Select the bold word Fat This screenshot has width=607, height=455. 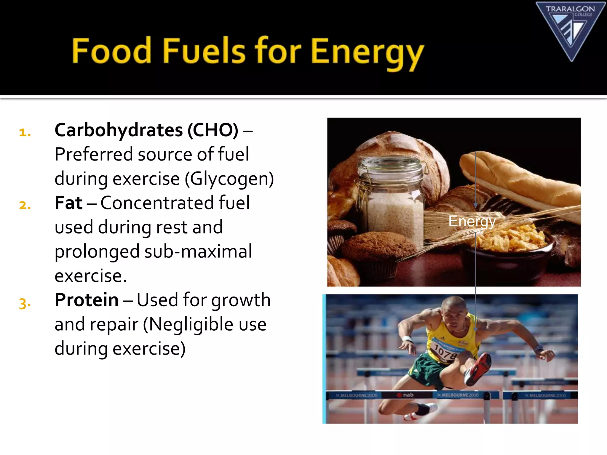pyautogui.click(x=68, y=203)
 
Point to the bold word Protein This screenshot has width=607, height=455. pyautogui.click(x=87, y=300)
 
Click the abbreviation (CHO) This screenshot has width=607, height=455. pyautogui.click(x=213, y=130)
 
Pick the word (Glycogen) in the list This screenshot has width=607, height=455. pyautogui.click(x=229, y=179)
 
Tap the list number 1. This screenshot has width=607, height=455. pyautogui.click(x=25, y=132)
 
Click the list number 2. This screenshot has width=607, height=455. pyautogui.click(x=25, y=205)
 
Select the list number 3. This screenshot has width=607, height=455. pyautogui.click(x=25, y=303)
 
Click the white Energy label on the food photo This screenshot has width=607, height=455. pyautogui.click(x=472, y=221)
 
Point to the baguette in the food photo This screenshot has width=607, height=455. pyautogui.click(x=519, y=181)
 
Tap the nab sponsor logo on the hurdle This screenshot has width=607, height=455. pyautogui.click(x=406, y=395)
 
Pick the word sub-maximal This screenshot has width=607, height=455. pyautogui.click(x=198, y=251)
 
